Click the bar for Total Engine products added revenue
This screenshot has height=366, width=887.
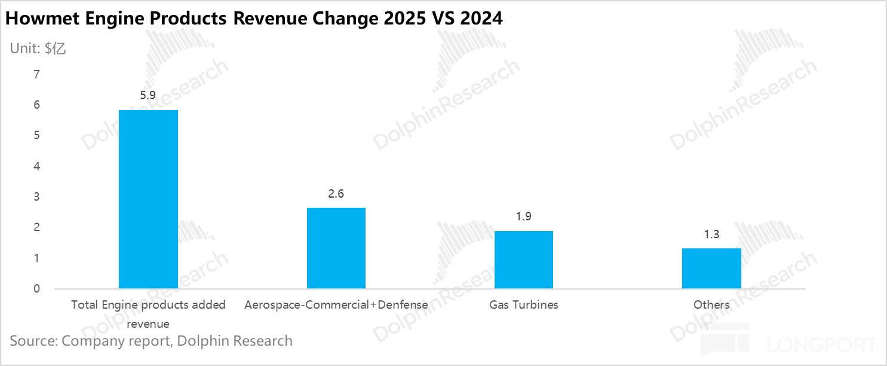point(148,199)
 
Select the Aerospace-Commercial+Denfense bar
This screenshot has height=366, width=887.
point(336,248)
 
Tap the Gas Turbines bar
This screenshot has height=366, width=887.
point(523,260)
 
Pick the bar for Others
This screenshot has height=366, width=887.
point(711,269)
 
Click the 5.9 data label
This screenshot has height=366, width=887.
point(148,95)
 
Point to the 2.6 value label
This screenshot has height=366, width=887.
point(336,193)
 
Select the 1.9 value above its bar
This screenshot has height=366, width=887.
point(524,217)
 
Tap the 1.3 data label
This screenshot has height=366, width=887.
point(711,234)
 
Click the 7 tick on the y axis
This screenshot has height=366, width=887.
point(36,75)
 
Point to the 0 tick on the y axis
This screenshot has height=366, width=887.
point(36,289)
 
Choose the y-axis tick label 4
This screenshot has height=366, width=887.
point(36,167)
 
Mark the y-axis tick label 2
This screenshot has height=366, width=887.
point(36,227)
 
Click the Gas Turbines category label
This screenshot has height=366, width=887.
point(524,305)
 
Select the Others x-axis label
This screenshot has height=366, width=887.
point(711,305)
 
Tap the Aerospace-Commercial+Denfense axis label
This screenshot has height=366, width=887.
point(336,305)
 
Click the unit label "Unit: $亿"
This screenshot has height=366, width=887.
point(38,49)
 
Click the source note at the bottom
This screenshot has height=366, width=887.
point(151,341)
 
